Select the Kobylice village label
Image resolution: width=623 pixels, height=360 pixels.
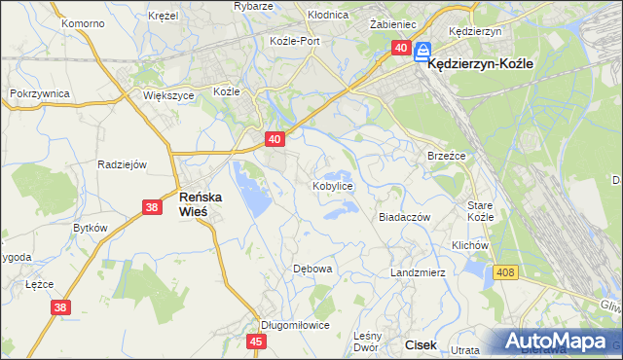tap(332, 185)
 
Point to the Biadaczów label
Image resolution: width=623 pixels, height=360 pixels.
tap(404, 218)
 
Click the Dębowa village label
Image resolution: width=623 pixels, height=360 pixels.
tap(312, 268)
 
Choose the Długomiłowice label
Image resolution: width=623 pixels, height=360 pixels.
tap(295, 325)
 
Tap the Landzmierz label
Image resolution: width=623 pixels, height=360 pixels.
tap(417, 272)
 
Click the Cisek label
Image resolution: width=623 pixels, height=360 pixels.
tap(421, 344)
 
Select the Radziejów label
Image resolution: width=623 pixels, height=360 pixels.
tap(122, 164)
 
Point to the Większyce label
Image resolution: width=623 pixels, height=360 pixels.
tap(169, 96)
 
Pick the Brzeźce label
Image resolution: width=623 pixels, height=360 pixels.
tap(447, 156)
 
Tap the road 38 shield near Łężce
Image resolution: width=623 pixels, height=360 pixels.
tap(59, 308)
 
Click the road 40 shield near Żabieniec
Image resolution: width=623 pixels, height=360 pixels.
tap(401, 48)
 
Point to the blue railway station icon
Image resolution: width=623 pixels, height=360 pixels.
tap(423, 51)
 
